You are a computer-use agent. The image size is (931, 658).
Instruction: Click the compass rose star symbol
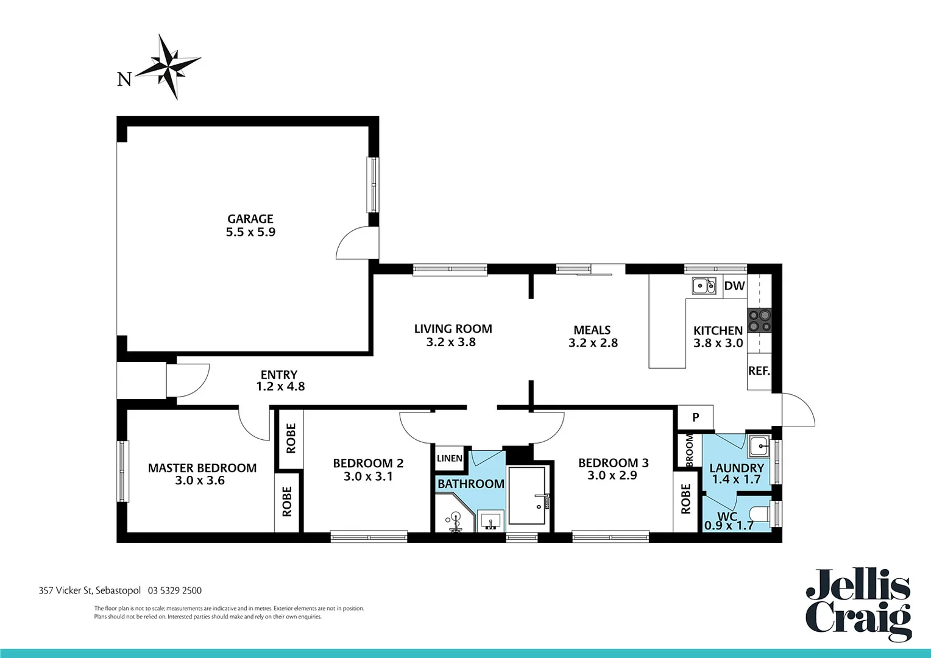(x=168, y=66)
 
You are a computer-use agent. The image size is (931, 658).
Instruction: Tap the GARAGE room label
(x=250, y=219)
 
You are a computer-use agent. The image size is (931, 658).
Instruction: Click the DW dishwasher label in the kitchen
(x=734, y=286)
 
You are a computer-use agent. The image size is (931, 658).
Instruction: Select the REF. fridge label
(x=759, y=370)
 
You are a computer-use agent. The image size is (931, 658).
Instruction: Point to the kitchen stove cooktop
(x=759, y=320)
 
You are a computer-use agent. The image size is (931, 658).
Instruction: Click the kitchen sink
(x=704, y=285)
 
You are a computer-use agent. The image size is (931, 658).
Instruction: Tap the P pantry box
(x=695, y=417)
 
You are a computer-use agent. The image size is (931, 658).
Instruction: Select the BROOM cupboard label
(x=689, y=450)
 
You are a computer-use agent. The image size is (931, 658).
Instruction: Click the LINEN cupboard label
(x=449, y=459)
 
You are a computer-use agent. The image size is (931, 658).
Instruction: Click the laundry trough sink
(x=759, y=447)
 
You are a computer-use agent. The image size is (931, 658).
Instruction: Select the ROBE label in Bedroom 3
(x=685, y=499)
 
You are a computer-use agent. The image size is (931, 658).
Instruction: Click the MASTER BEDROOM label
(x=202, y=468)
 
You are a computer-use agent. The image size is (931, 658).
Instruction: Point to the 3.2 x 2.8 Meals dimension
(x=593, y=343)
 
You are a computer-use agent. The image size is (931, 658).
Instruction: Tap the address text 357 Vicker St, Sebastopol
(x=90, y=590)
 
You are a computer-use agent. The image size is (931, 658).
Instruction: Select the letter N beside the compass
(x=124, y=79)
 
